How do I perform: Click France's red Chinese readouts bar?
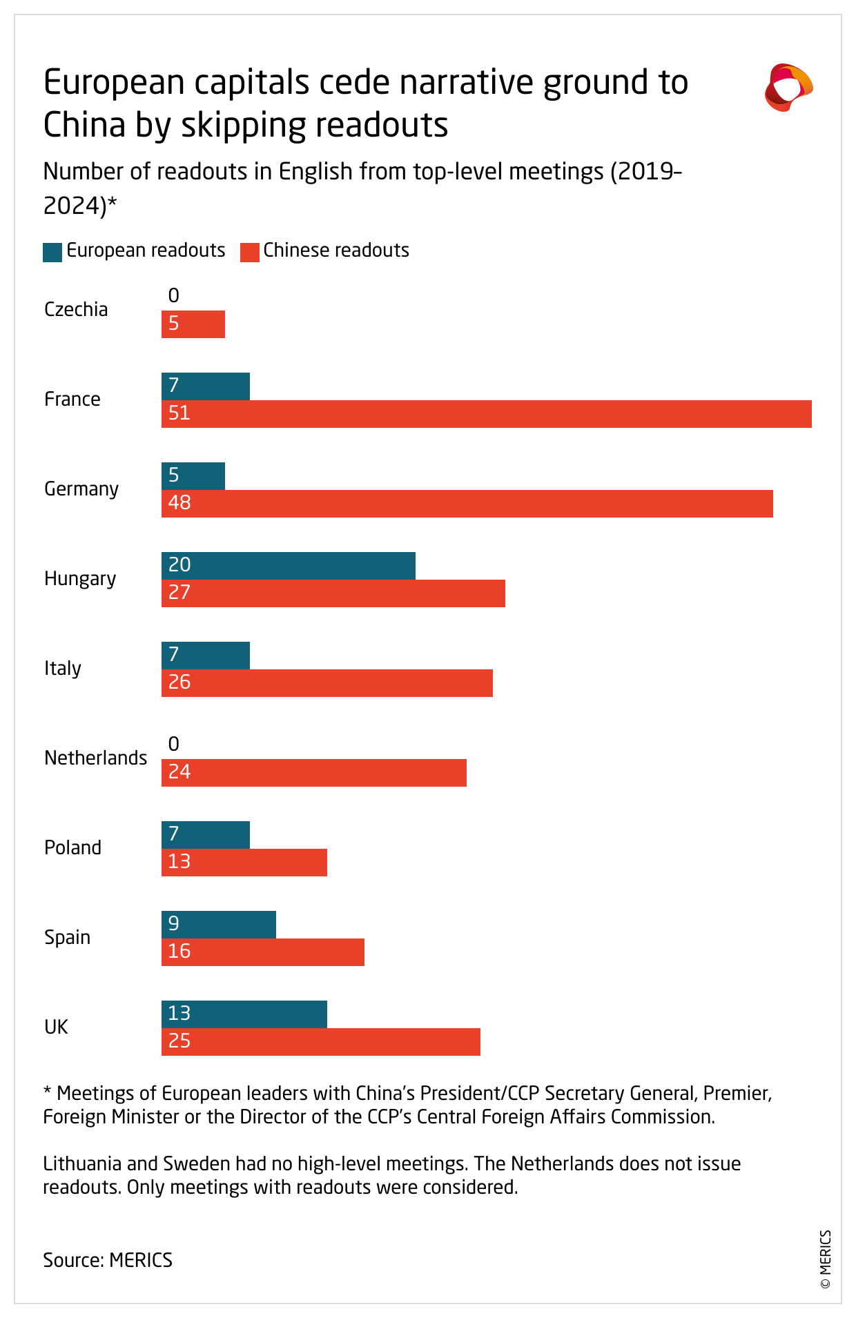click(x=486, y=414)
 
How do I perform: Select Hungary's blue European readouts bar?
click(x=289, y=566)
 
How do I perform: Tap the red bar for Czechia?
click(x=193, y=324)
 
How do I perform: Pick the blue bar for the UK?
click(x=244, y=1014)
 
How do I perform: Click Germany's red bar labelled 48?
click(x=467, y=504)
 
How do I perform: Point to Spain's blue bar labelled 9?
click(x=219, y=925)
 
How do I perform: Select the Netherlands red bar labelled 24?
click(x=314, y=773)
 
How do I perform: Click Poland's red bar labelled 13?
click(x=244, y=863)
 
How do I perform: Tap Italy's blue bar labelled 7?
click(x=206, y=656)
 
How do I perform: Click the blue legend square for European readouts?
click(x=52, y=252)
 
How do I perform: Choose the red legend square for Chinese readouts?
click(x=249, y=252)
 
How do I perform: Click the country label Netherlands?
click(x=95, y=758)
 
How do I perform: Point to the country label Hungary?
click(x=80, y=578)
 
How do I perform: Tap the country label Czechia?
click(x=76, y=309)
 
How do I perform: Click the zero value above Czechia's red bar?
click(x=174, y=296)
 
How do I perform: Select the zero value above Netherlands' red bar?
click(x=174, y=744)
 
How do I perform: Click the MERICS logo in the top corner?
click(x=788, y=88)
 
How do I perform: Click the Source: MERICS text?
click(x=108, y=1260)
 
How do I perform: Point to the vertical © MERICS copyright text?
click(x=826, y=1259)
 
